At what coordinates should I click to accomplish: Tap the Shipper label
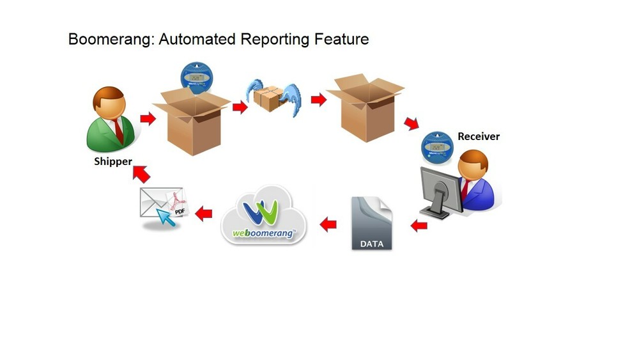pos(112,162)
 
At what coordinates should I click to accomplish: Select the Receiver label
pos(479,136)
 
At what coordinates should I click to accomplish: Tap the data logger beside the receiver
pos(437,146)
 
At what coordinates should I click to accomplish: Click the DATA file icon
pos(372,223)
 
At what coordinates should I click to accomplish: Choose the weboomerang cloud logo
pos(264,215)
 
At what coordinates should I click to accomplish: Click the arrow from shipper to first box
pos(148,119)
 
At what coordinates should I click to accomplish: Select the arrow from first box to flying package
pos(240,107)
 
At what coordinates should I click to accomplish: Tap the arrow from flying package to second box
pos(318,99)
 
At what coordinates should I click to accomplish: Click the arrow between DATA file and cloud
pos(328,224)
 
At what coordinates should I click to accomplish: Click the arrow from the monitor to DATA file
pos(419,224)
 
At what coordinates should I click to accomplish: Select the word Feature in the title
pos(341,39)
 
